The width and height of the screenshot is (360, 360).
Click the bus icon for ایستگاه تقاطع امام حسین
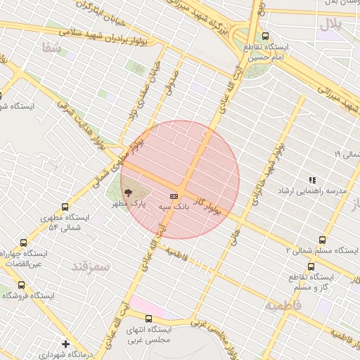point(265,36)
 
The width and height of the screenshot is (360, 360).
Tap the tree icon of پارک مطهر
point(127,193)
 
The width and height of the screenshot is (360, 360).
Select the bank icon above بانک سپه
point(174,196)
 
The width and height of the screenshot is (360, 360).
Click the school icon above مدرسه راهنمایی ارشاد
point(312,180)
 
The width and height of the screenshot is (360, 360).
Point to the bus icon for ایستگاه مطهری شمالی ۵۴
point(65,207)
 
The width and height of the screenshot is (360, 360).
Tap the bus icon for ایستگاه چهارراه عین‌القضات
point(25,241)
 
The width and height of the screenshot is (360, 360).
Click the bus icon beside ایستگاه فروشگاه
point(21,285)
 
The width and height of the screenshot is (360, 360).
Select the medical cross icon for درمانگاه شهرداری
point(65,344)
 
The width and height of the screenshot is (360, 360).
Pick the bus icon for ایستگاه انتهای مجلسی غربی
point(167,319)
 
